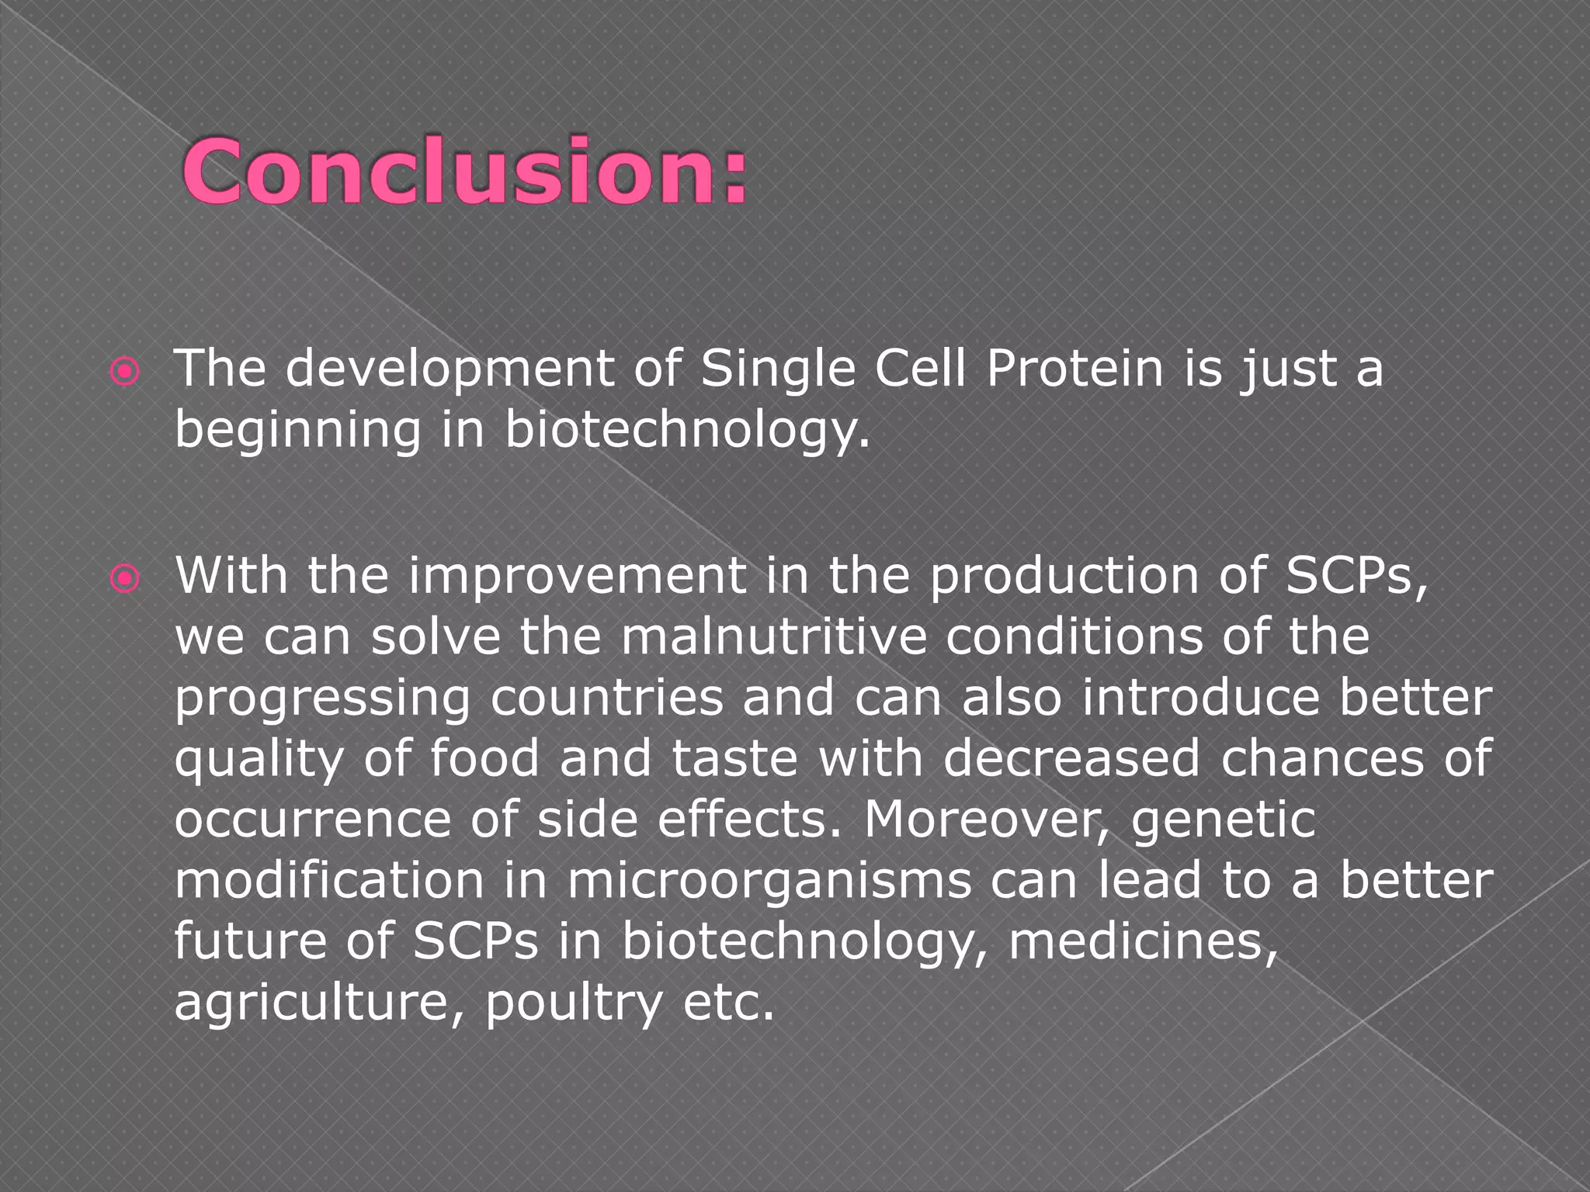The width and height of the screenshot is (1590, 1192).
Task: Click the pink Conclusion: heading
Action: [x=464, y=172]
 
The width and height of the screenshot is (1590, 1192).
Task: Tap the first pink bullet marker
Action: [x=125, y=372]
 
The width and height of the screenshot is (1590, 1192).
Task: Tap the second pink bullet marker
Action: [x=125, y=579]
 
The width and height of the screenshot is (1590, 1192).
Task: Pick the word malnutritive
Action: [x=773, y=636]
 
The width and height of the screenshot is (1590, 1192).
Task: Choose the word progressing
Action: [x=322, y=698]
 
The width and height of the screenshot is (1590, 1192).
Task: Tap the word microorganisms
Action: [x=769, y=882]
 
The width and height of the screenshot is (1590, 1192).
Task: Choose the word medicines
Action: [x=1142, y=942]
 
